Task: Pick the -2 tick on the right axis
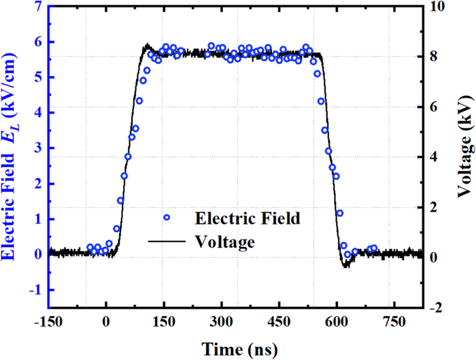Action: click(x=437, y=308)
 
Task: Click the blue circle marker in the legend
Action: click(x=166, y=218)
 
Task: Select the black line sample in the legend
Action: click(x=166, y=241)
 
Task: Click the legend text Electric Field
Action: click(x=248, y=218)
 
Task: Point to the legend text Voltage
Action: click(x=224, y=241)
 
